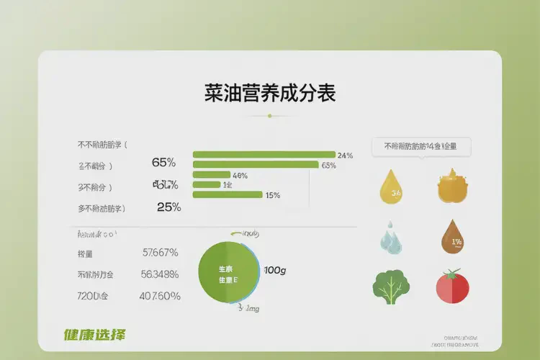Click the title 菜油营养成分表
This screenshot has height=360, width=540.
[x=270, y=94]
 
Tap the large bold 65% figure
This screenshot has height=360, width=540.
[x=164, y=163]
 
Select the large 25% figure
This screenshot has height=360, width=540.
[x=168, y=207]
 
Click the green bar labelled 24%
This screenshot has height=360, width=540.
[x=264, y=155]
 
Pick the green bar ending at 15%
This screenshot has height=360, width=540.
[x=228, y=194]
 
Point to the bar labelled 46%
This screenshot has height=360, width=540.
[x=211, y=175]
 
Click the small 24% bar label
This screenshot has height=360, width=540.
[x=345, y=156]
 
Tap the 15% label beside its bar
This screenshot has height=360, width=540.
[x=273, y=195]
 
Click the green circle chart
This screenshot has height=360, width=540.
[x=229, y=273]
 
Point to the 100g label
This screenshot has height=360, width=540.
[x=275, y=271]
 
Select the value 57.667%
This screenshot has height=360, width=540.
[x=160, y=253]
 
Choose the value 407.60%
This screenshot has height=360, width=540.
[x=160, y=296]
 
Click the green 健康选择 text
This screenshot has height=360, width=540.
[x=94, y=335]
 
